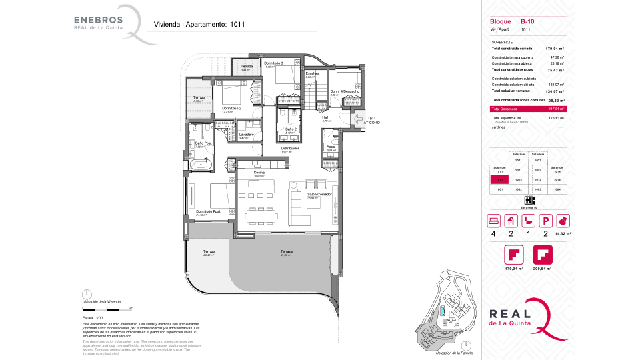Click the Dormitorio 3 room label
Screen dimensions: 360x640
pos(273,63)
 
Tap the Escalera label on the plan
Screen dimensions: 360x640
pos(312,73)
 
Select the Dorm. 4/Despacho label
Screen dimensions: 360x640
pos(345,91)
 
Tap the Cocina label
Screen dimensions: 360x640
pos(259,173)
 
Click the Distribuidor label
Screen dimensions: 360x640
pos(289,149)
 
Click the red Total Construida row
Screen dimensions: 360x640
pos(527,109)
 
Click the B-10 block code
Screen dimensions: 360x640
pos(527,22)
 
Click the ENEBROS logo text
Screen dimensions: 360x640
pos(99,19)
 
